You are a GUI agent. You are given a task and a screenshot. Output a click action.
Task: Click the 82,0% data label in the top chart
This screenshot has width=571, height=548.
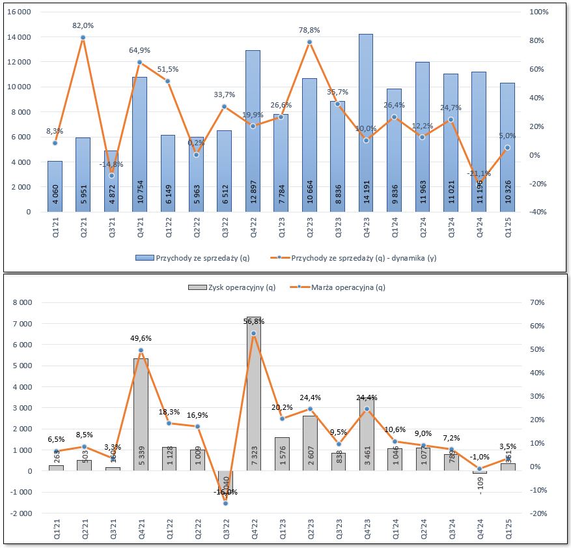(x=83, y=25)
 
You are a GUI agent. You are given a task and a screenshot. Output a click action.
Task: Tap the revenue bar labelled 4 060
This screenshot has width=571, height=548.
(x=55, y=186)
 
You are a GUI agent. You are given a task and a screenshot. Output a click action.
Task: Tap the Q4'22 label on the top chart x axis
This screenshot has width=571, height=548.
(x=253, y=227)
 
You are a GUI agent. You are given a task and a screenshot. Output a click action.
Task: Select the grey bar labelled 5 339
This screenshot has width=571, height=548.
(x=140, y=414)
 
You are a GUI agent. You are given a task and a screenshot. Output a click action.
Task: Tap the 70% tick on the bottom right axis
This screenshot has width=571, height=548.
(x=538, y=302)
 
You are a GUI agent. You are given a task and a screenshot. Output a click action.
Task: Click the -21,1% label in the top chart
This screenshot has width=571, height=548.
(x=480, y=173)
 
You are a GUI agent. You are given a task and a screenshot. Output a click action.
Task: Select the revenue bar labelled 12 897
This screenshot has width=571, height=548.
(x=253, y=131)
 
